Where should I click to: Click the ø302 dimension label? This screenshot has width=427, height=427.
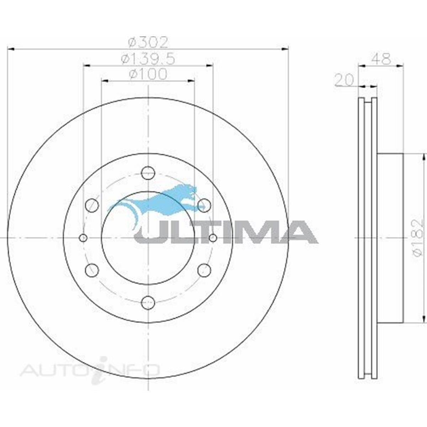click(x=147, y=43)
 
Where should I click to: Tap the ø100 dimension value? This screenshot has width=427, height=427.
click(x=148, y=75)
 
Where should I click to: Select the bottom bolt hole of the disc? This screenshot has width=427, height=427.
click(x=148, y=302)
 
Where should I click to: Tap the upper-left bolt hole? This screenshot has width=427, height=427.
click(x=92, y=205)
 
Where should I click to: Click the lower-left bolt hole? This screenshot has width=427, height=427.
click(x=92, y=270)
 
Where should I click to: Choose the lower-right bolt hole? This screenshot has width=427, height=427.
click(x=204, y=270)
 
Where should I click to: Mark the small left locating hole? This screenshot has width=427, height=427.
click(x=83, y=237)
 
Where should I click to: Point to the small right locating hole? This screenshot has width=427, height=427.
click(x=213, y=237)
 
